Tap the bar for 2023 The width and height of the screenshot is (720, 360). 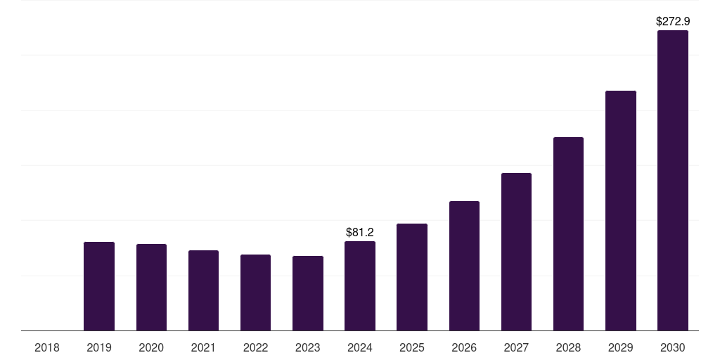coord(308,293)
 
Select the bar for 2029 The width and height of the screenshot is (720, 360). coord(621,210)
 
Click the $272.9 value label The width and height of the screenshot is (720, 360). coord(673,22)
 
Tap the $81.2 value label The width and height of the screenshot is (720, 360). coord(360,232)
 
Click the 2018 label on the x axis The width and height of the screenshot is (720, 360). coord(47,347)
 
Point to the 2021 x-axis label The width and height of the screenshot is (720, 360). coord(203,347)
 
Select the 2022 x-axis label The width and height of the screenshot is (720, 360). coord(255,347)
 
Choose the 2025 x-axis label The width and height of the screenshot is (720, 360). coord(412,347)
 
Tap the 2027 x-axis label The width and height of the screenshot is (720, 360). coord(516,347)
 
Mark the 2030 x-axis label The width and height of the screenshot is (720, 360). coord(673,347)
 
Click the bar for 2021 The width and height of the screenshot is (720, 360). coord(203,290)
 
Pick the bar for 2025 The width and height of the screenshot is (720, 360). coord(412,277)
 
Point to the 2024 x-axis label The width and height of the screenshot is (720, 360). coord(360,347)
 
